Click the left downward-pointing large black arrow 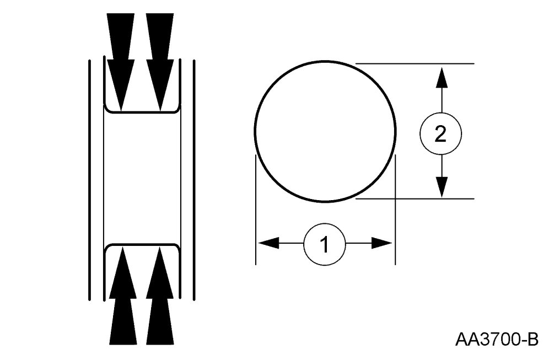click(121, 55)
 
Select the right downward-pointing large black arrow click(160, 55)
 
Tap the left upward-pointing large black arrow click(122, 303)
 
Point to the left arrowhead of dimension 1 click(268, 243)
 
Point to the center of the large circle click(325, 132)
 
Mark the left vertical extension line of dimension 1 click(256, 221)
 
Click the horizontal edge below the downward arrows click(142, 113)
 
